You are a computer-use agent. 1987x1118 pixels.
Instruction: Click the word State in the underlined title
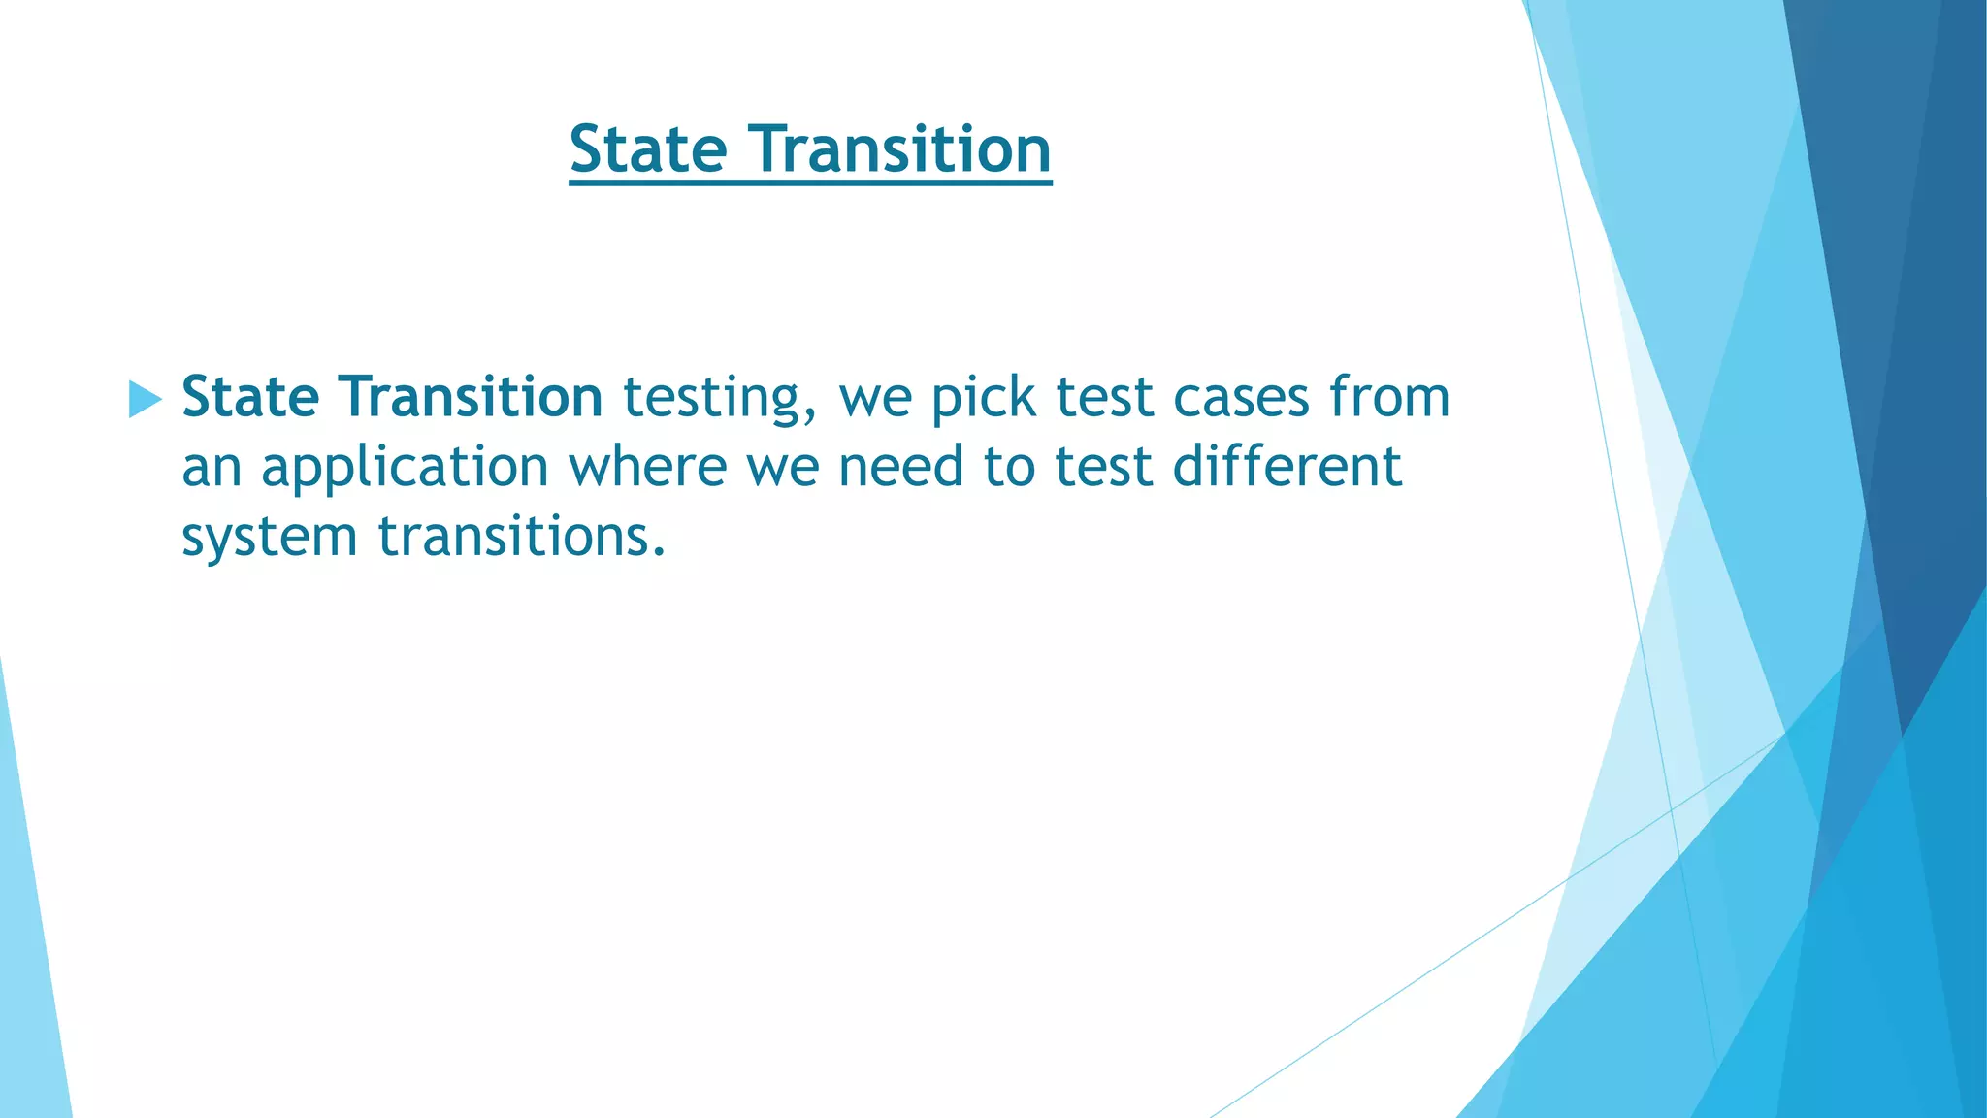648,149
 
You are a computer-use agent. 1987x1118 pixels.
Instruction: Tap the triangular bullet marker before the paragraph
145,399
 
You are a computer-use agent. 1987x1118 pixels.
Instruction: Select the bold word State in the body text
250,397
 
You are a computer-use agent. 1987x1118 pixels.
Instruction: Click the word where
647,467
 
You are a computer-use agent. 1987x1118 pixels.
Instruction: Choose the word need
900,467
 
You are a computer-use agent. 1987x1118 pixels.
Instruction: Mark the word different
1287,467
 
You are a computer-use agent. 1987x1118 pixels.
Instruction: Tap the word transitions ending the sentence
521,537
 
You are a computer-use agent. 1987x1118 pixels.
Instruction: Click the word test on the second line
1104,467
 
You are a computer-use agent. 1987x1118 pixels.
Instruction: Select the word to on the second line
1009,467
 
